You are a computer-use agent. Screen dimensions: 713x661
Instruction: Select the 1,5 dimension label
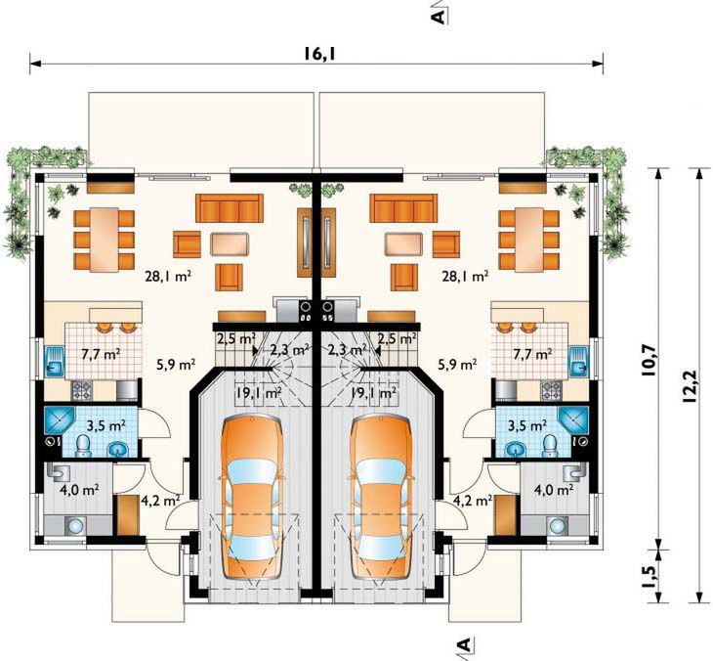click(x=650, y=577)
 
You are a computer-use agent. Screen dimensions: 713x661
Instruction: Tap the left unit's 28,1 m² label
click(x=168, y=276)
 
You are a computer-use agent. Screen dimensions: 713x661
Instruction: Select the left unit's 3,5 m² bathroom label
click(x=105, y=426)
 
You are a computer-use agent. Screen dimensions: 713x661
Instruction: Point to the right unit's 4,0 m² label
click(x=554, y=490)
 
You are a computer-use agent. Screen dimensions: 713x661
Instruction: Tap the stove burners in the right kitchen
click(x=551, y=390)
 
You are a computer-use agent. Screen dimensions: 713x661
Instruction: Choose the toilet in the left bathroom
click(x=83, y=445)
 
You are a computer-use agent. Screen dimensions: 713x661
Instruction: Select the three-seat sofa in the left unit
click(x=230, y=208)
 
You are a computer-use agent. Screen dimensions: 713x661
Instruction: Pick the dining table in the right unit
click(x=529, y=240)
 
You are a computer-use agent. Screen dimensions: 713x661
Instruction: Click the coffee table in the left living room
click(x=230, y=243)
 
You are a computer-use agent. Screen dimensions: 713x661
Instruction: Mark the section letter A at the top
click(x=438, y=17)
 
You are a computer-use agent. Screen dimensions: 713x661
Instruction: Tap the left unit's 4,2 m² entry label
click(x=161, y=501)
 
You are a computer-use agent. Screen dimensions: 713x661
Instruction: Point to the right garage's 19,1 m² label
click(x=373, y=392)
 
